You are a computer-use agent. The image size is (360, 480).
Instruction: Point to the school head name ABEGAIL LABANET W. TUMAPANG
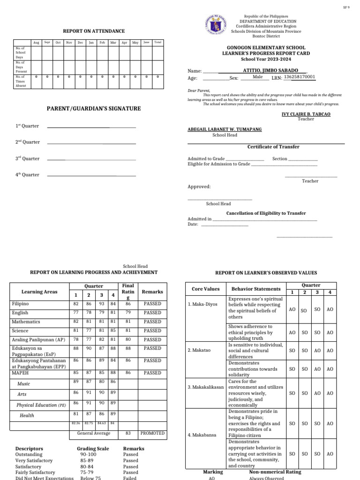pyautogui.click(x=225, y=129)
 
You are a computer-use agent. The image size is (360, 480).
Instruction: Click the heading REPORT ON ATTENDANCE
pyautogui.click(x=94, y=31)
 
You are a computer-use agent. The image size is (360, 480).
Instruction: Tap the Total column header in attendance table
pyautogui.click(x=158, y=43)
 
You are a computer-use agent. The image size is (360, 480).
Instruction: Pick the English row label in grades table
pyautogui.click(x=20, y=313)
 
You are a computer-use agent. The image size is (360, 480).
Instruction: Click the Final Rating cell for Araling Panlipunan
pyautogui.click(x=128, y=339)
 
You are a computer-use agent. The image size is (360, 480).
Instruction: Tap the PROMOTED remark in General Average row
pyautogui.click(x=152, y=433)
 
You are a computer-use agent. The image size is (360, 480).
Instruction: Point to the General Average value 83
pyautogui.click(x=128, y=433)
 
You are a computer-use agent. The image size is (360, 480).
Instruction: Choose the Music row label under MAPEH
pyautogui.click(x=24, y=383)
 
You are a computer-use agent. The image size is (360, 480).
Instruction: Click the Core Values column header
pyautogui.click(x=203, y=289)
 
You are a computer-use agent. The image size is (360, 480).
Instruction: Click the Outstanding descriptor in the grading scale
pyautogui.click(x=29, y=454)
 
